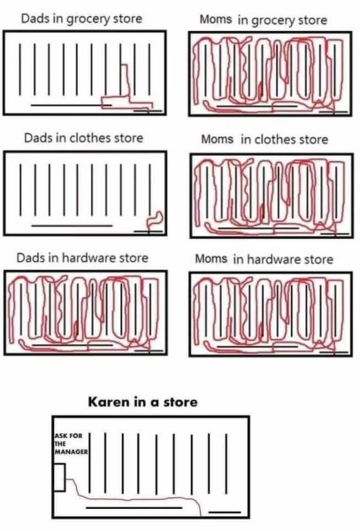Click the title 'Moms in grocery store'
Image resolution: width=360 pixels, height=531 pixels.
[263, 19]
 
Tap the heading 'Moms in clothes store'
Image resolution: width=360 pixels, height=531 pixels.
[264, 140]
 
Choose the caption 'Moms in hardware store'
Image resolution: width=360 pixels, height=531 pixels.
[267, 259]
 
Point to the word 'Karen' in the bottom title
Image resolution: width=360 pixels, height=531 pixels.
[106, 402]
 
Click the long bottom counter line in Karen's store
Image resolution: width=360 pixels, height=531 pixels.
[133, 509]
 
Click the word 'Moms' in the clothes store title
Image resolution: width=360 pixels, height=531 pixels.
[218, 140]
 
